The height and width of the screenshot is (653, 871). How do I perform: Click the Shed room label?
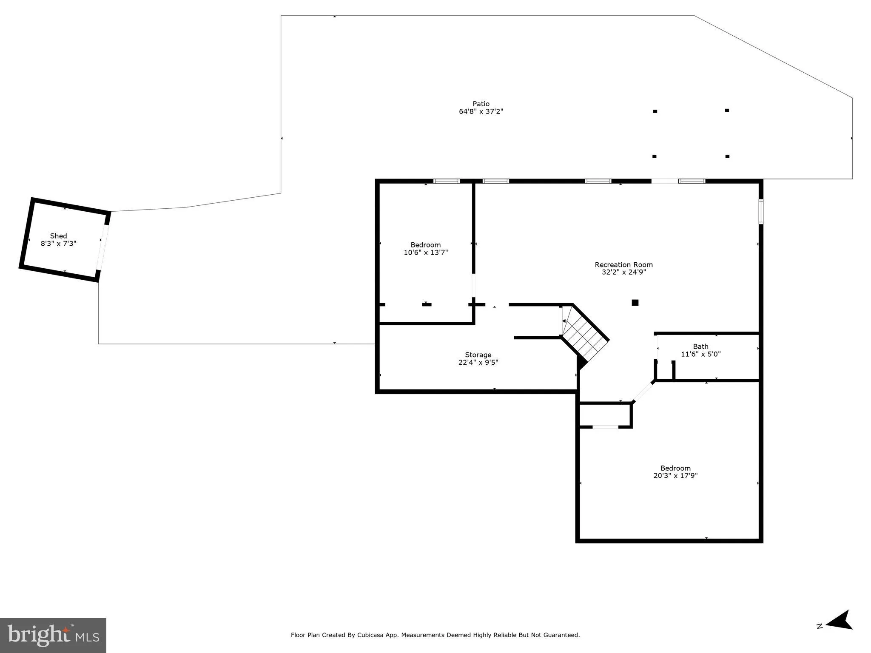(x=59, y=236)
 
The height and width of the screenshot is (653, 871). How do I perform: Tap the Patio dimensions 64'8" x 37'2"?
(x=481, y=111)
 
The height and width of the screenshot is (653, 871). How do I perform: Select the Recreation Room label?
(x=623, y=265)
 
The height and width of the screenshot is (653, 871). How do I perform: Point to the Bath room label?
(x=700, y=346)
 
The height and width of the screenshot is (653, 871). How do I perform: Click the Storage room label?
(x=478, y=355)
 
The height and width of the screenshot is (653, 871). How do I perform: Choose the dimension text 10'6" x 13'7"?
(x=426, y=253)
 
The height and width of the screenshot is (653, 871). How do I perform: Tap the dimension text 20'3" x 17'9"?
(x=675, y=476)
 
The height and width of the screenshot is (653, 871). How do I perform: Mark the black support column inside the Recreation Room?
(x=635, y=303)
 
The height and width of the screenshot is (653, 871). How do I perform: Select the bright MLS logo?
(x=53, y=635)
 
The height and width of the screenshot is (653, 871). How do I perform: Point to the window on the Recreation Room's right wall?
(x=761, y=212)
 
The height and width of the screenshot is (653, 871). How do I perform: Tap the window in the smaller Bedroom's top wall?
(x=447, y=181)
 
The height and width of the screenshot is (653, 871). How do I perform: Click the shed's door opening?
(x=102, y=247)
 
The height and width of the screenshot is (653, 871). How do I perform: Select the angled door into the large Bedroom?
(x=643, y=392)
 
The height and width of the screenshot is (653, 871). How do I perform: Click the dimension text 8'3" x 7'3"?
(x=59, y=244)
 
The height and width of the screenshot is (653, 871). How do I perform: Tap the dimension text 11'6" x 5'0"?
(x=700, y=354)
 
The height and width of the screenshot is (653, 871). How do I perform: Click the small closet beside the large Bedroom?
(x=605, y=415)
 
